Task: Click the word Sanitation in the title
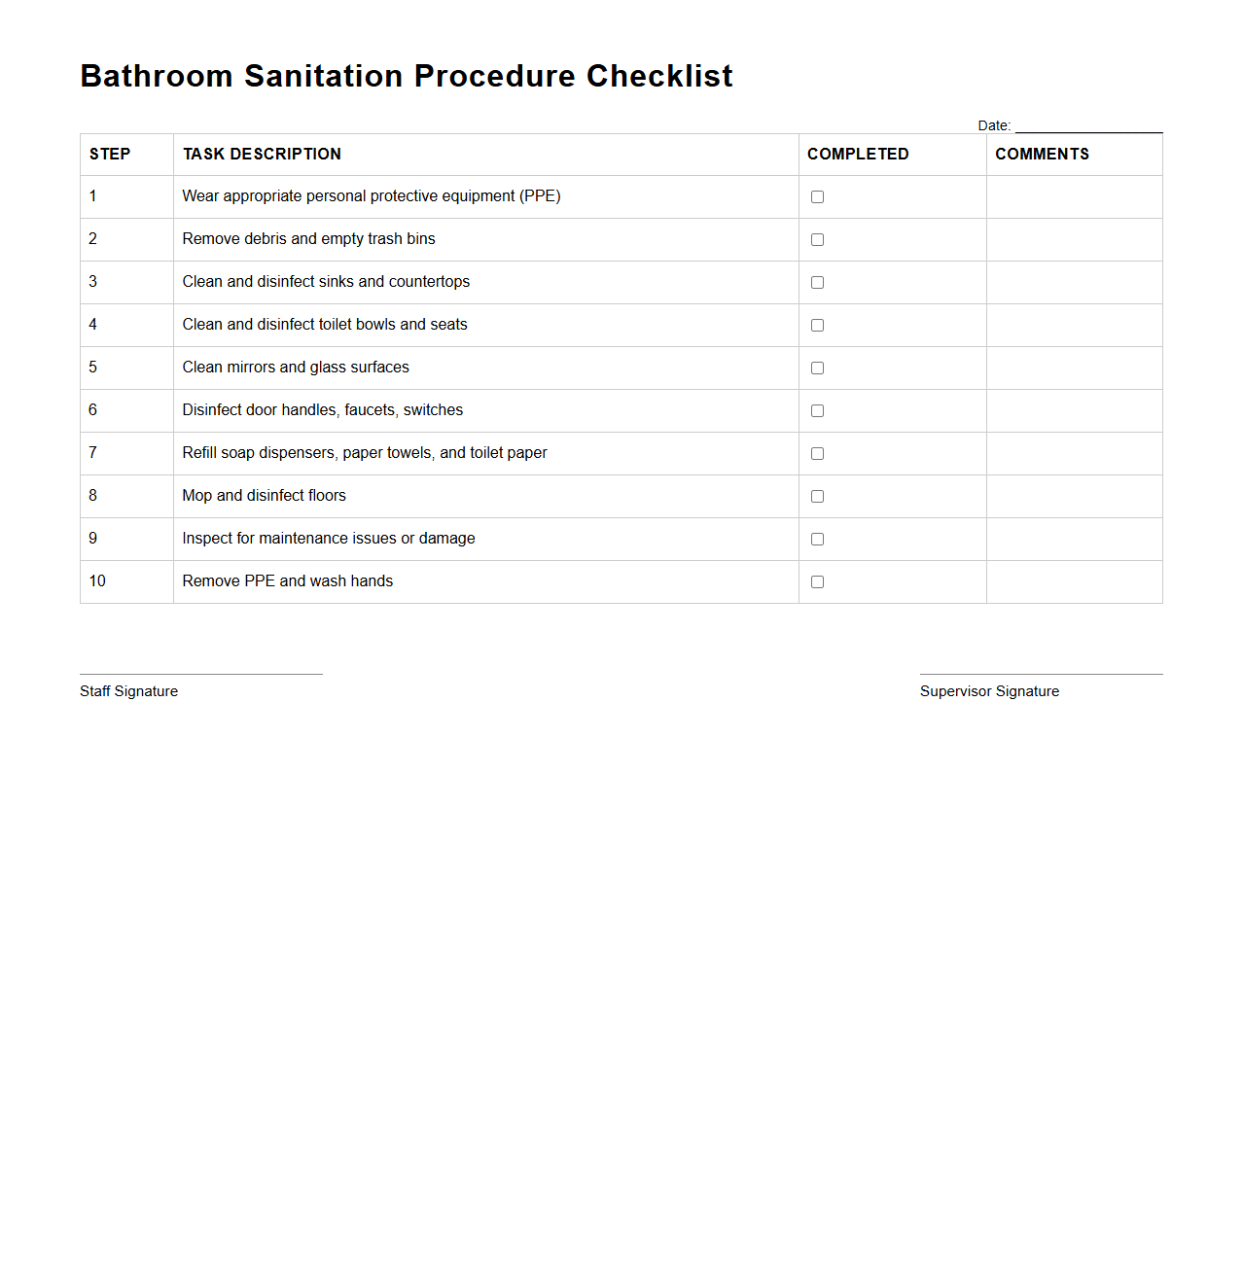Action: coord(323,76)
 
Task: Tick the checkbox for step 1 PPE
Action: coord(817,197)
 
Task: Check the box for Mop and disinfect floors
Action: coord(817,497)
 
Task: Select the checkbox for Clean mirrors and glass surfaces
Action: coord(817,369)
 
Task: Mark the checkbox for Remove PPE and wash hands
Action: coord(817,582)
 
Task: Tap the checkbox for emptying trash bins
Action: coord(817,240)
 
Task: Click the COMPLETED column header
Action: coord(858,155)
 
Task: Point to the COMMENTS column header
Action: coord(1042,155)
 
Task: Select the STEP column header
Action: coord(110,155)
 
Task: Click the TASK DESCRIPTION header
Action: coord(262,155)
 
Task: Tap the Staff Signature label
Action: coord(128,691)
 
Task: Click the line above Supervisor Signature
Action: coord(1041,673)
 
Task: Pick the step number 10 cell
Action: coord(97,581)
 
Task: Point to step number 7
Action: coord(93,453)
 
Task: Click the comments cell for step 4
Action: coord(1074,325)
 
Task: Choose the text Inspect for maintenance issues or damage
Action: coord(329,539)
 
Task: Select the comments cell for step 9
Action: coord(1074,539)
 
